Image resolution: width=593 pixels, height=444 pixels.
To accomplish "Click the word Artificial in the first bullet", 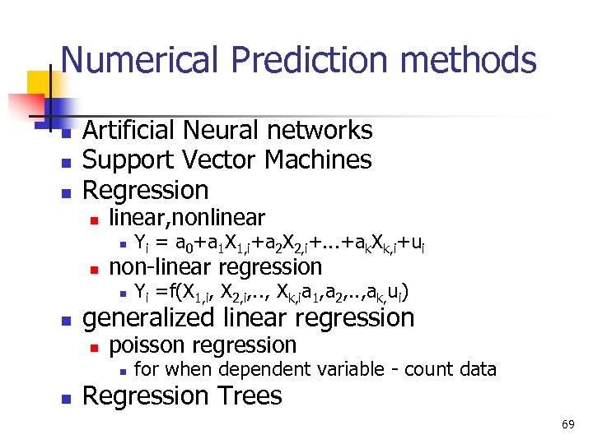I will pyautogui.click(x=130, y=130).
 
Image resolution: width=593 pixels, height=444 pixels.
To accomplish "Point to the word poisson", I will pyautogui.click(x=146, y=345).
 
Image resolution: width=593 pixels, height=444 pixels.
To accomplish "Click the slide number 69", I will pyautogui.click(x=568, y=424).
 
